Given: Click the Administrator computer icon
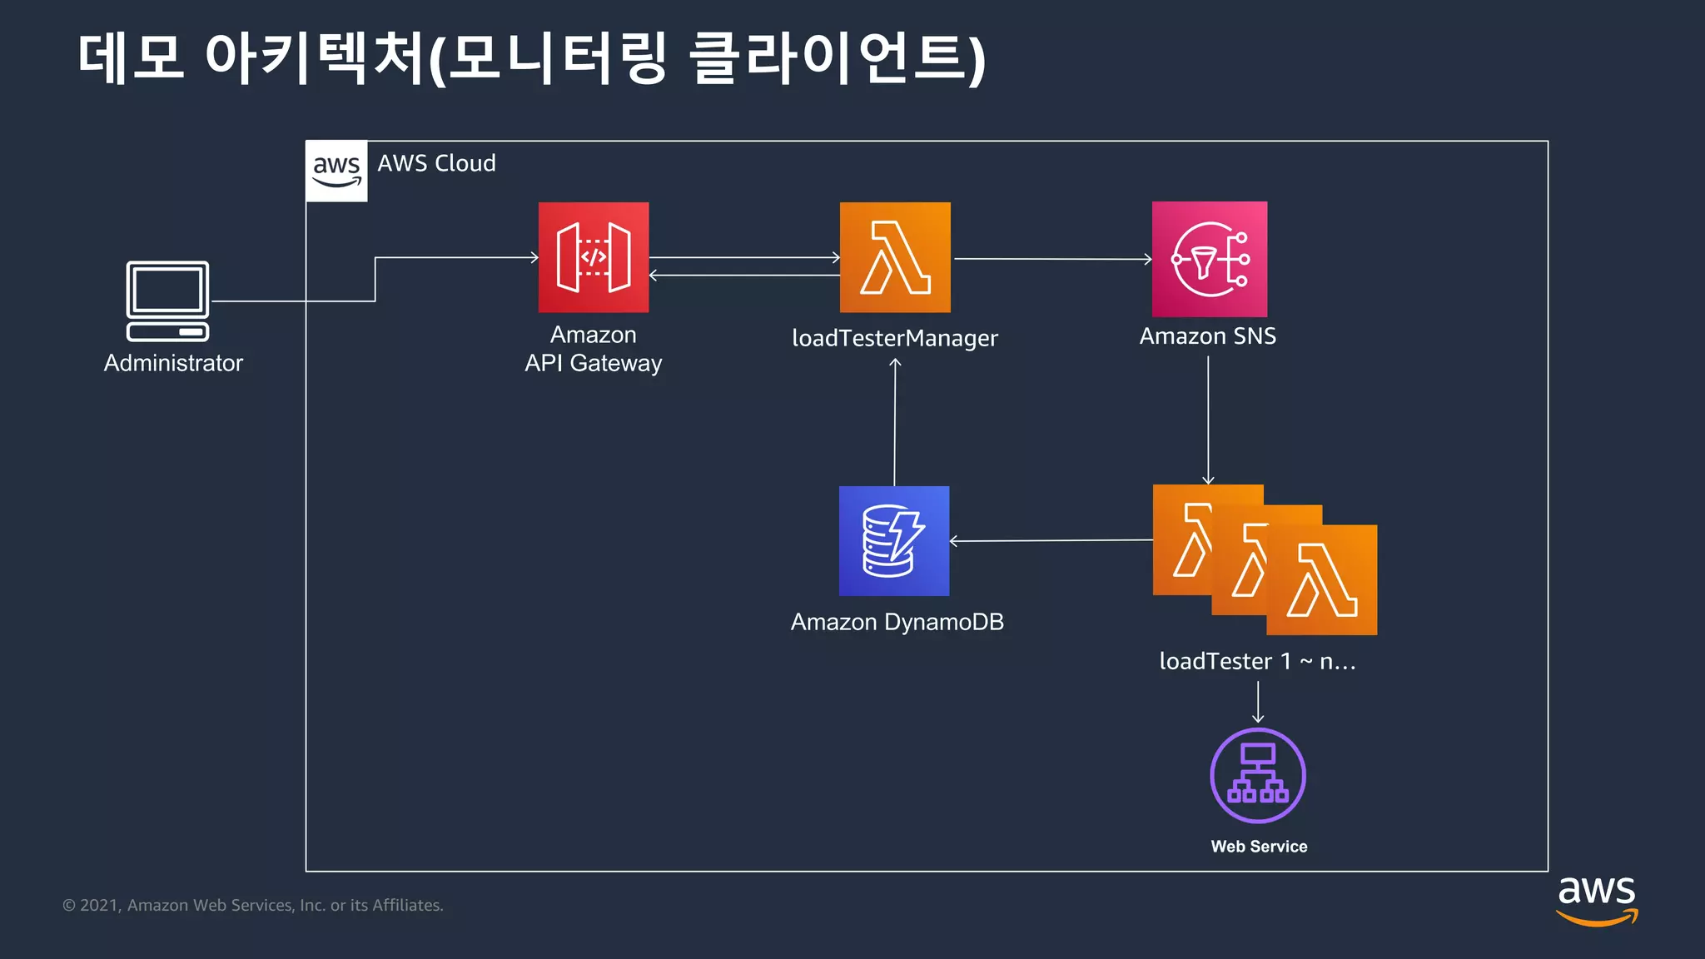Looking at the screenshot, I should pos(167,301).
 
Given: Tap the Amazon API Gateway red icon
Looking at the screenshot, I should pos(594,257).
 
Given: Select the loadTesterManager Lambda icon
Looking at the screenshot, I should pos(895,257).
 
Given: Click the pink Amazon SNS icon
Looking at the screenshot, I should pos(1209,259).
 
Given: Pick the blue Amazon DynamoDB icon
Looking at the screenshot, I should pos(894,541).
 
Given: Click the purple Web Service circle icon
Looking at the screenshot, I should pos(1257,775).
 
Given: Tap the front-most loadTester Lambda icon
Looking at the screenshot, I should pos(1323,581).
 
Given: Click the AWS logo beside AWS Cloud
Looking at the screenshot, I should pos(336,171).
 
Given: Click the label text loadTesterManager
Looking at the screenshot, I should pos(894,338).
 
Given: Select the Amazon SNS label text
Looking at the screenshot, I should pos(1207,336).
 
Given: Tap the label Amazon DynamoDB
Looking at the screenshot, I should pos(897,622).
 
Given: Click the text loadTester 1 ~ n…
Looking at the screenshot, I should pos(1257,661).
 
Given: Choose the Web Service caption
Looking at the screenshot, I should pos(1259,847).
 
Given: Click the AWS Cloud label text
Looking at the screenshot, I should pos(436,163).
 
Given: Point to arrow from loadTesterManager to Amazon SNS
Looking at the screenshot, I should pos(1052,259).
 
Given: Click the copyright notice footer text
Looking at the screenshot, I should pos(253,905).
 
